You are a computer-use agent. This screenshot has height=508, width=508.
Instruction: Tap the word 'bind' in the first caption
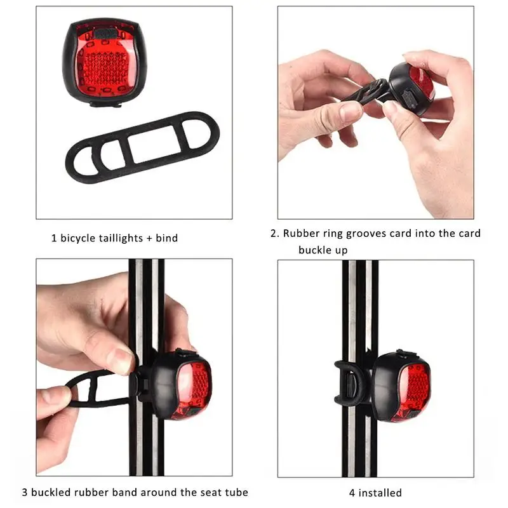167,238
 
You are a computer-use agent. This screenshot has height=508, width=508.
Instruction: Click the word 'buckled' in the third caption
51,492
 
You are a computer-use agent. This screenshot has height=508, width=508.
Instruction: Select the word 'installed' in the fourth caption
380,493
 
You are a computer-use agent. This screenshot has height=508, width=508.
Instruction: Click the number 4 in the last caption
352,493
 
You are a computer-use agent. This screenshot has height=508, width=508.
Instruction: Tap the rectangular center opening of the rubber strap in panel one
152,143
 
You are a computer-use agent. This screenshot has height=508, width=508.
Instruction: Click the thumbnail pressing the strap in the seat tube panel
121,360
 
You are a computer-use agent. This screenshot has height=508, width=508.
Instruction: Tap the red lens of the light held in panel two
421,83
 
